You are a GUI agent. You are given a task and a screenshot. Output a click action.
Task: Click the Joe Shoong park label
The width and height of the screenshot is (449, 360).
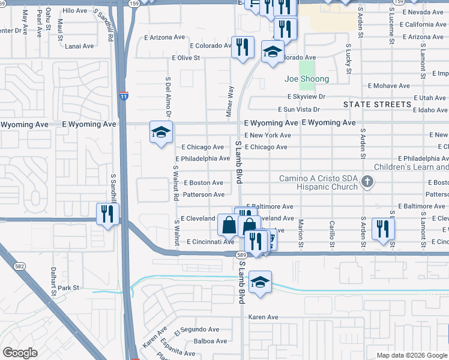(x=307, y=79)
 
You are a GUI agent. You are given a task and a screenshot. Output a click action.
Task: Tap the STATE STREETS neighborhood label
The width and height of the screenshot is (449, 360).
(x=377, y=104)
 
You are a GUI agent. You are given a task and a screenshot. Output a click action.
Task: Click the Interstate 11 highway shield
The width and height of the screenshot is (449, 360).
(x=123, y=95)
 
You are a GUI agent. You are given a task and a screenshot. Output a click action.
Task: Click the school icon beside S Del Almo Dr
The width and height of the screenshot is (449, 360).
(x=161, y=133)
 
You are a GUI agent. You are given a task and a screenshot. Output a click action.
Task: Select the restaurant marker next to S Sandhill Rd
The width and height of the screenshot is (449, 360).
(x=108, y=214)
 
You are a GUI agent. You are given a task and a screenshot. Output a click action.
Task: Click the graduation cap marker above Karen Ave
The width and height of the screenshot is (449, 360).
(x=260, y=282)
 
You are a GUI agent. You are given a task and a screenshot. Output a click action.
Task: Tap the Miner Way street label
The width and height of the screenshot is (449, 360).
(x=230, y=100)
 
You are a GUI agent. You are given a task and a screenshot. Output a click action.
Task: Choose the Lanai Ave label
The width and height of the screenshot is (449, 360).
(x=80, y=46)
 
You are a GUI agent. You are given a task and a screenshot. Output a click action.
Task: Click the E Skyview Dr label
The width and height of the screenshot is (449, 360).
(x=306, y=97)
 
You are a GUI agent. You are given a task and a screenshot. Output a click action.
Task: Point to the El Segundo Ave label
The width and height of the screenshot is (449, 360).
(x=197, y=329)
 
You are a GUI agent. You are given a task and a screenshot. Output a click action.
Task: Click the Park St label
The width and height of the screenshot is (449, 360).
(x=68, y=288)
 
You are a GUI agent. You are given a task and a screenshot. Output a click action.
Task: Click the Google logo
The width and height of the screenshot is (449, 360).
(x=20, y=353)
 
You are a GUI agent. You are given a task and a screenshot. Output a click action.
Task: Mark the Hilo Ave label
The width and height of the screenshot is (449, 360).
(x=75, y=11)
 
